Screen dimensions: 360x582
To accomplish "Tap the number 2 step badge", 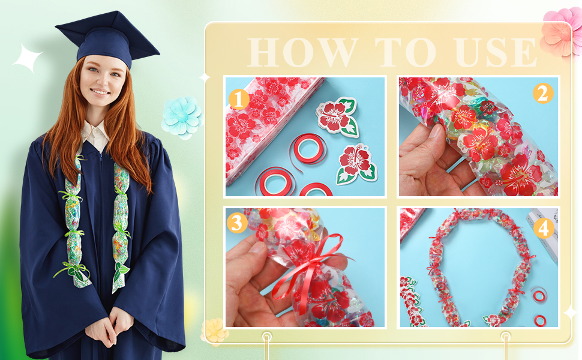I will tap(544, 94).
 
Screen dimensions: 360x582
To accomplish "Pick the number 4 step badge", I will tap(544, 228).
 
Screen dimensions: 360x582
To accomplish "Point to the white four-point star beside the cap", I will tap(27, 59).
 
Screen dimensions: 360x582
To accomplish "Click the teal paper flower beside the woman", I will tap(181, 117).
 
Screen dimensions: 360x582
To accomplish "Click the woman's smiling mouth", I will tap(100, 92).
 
